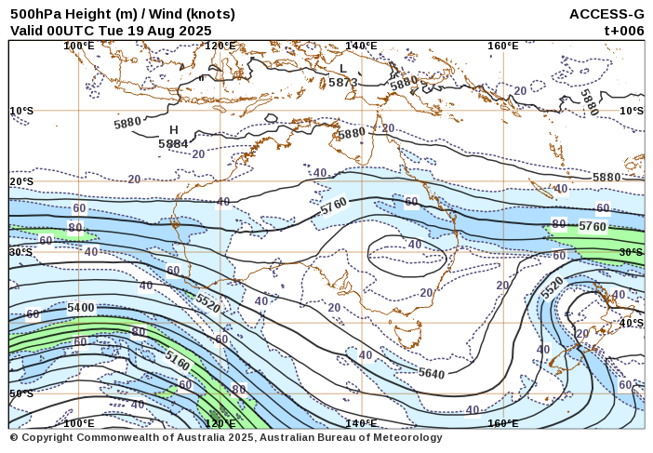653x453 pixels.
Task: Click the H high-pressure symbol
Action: coord(173,130)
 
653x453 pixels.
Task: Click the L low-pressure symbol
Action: coord(342,68)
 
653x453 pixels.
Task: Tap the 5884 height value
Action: coord(173,144)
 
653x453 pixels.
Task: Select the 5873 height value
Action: coord(342,82)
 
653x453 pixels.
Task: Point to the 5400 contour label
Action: coord(81,308)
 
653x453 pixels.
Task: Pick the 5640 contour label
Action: coord(431,373)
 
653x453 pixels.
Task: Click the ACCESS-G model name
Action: coord(606,14)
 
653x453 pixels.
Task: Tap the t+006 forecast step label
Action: coord(623,30)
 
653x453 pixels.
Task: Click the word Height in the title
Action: coord(82,14)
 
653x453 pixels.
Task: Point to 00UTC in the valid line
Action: coord(72,30)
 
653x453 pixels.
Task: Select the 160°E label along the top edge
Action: coord(502,46)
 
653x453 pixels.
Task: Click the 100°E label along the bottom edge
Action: coord(79,423)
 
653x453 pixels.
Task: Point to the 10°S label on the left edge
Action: coord(21,111)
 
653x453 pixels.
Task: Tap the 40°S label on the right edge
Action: coord(631,323)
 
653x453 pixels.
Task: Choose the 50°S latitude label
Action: coord(21,393)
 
